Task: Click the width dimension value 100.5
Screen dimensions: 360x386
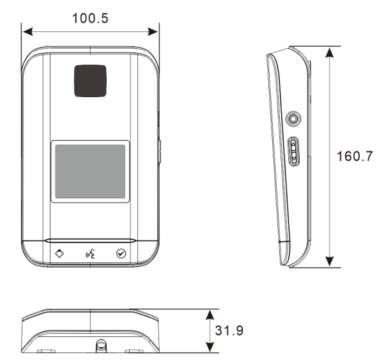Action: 89,17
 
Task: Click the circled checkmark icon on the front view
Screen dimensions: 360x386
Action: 121,253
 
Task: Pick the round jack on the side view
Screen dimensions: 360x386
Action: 293,119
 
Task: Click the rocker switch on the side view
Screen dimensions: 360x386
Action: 293,152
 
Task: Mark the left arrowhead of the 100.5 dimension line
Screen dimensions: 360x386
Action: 26,30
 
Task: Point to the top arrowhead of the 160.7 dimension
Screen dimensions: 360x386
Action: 329,51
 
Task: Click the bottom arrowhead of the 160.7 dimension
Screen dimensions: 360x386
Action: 329,262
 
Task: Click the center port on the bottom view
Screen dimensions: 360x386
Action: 101,346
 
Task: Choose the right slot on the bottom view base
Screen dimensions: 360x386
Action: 134,351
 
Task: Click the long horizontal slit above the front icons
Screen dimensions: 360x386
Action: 89,241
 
